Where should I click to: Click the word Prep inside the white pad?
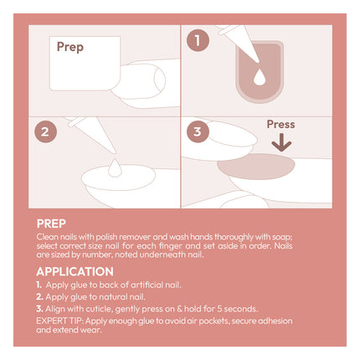[70, 47]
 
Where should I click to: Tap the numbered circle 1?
[198, 40]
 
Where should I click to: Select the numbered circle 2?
[45, 131]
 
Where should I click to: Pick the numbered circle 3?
[198, 131]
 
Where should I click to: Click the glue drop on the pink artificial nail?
[260, 77]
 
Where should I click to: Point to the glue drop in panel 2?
[115, 167]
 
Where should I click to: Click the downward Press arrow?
[281, 142]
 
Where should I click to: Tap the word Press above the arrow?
[280, 124]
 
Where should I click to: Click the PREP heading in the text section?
[51, 224]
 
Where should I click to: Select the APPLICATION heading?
[75, 271]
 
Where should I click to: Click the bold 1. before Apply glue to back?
[39, 285]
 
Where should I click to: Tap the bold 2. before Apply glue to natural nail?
[39, 297]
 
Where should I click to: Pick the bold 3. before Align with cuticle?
[39, 309]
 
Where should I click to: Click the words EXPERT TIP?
[60, 321]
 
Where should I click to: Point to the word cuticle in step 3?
[99, 309]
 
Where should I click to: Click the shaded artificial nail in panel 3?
[256, 167]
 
